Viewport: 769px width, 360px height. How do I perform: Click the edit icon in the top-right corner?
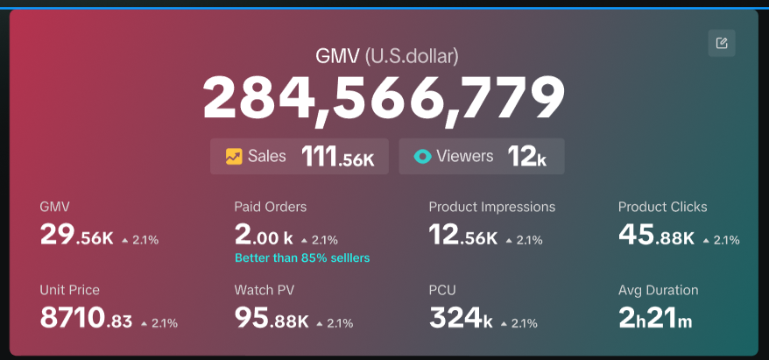tap(721, 43)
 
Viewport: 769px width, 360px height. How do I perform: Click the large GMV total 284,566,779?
tap(384, 97)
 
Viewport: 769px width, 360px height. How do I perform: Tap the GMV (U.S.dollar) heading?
tap(386, 57)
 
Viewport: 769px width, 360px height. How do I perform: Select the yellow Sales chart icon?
tap(234, 157)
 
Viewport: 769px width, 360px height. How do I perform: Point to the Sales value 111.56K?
tap(338, 157)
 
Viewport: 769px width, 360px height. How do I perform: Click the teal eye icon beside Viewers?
tap(423, 157)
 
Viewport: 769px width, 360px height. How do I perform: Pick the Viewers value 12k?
tap(526, 157)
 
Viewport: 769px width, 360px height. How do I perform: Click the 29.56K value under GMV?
tap(76, 236)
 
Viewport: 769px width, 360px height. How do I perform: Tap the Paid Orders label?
tap(270, 207)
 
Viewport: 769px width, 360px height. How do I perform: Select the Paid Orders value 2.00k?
tap(263, 236)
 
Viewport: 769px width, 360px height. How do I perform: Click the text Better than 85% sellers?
tap(302, 258)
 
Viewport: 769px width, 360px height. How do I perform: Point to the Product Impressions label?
tap(491, 207)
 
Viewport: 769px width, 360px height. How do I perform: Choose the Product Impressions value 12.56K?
tap(463, 236)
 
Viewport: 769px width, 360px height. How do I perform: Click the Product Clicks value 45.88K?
tap(656, 236)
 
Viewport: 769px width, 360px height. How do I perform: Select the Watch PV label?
tap(265, 290)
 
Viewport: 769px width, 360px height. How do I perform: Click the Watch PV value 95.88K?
tap(271, 319)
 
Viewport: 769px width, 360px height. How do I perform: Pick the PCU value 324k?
tap(461, 319)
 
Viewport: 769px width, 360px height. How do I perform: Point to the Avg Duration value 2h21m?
tap(655, 319)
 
